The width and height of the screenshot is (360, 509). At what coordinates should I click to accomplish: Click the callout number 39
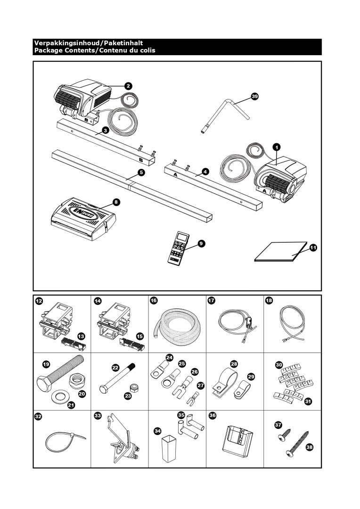254,96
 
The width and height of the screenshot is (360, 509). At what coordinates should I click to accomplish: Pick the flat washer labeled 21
59,394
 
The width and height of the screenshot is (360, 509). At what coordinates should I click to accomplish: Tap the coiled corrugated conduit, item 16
178,326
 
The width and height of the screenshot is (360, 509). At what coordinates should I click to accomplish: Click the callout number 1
278,147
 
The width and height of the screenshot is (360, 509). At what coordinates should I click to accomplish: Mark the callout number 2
128,86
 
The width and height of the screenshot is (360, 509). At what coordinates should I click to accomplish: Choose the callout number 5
141,172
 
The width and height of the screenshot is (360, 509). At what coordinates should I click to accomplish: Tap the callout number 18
269,300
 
